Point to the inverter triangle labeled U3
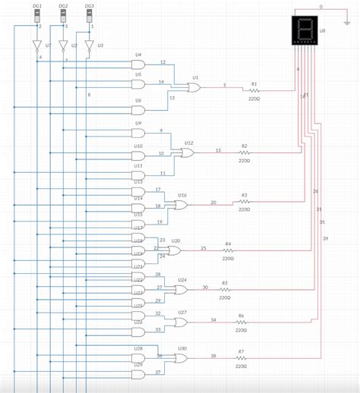pos(89,47)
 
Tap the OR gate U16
pos(182,206)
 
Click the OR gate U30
pos(182,359)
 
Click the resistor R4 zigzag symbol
pos(227,250)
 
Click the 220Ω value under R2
pos(245,161)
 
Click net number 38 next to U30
pos(213,355)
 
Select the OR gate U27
pos(182,322)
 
